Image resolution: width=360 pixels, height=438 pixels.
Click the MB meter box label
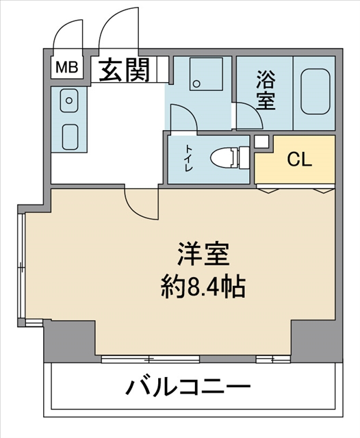pos(66,67)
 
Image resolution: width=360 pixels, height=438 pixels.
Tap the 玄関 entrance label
pos(125,70)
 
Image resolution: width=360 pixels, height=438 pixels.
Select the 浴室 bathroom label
pos(266,90)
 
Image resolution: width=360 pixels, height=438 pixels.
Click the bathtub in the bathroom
pos(316,91)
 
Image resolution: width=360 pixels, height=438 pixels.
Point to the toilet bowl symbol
pos(230,158)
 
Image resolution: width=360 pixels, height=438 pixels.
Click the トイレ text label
pos(188,158)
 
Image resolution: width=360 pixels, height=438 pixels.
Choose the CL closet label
pos(299,160)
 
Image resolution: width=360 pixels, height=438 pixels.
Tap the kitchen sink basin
pos(68,101)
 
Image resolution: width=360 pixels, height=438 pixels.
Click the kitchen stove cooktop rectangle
pos(70,137)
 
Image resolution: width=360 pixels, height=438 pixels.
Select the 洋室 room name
pos(203,254)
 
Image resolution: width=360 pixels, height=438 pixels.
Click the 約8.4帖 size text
pos(203,287)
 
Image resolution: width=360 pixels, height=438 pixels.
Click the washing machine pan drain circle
pos(197,83)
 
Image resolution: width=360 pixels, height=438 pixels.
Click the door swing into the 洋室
pos(133,209)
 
